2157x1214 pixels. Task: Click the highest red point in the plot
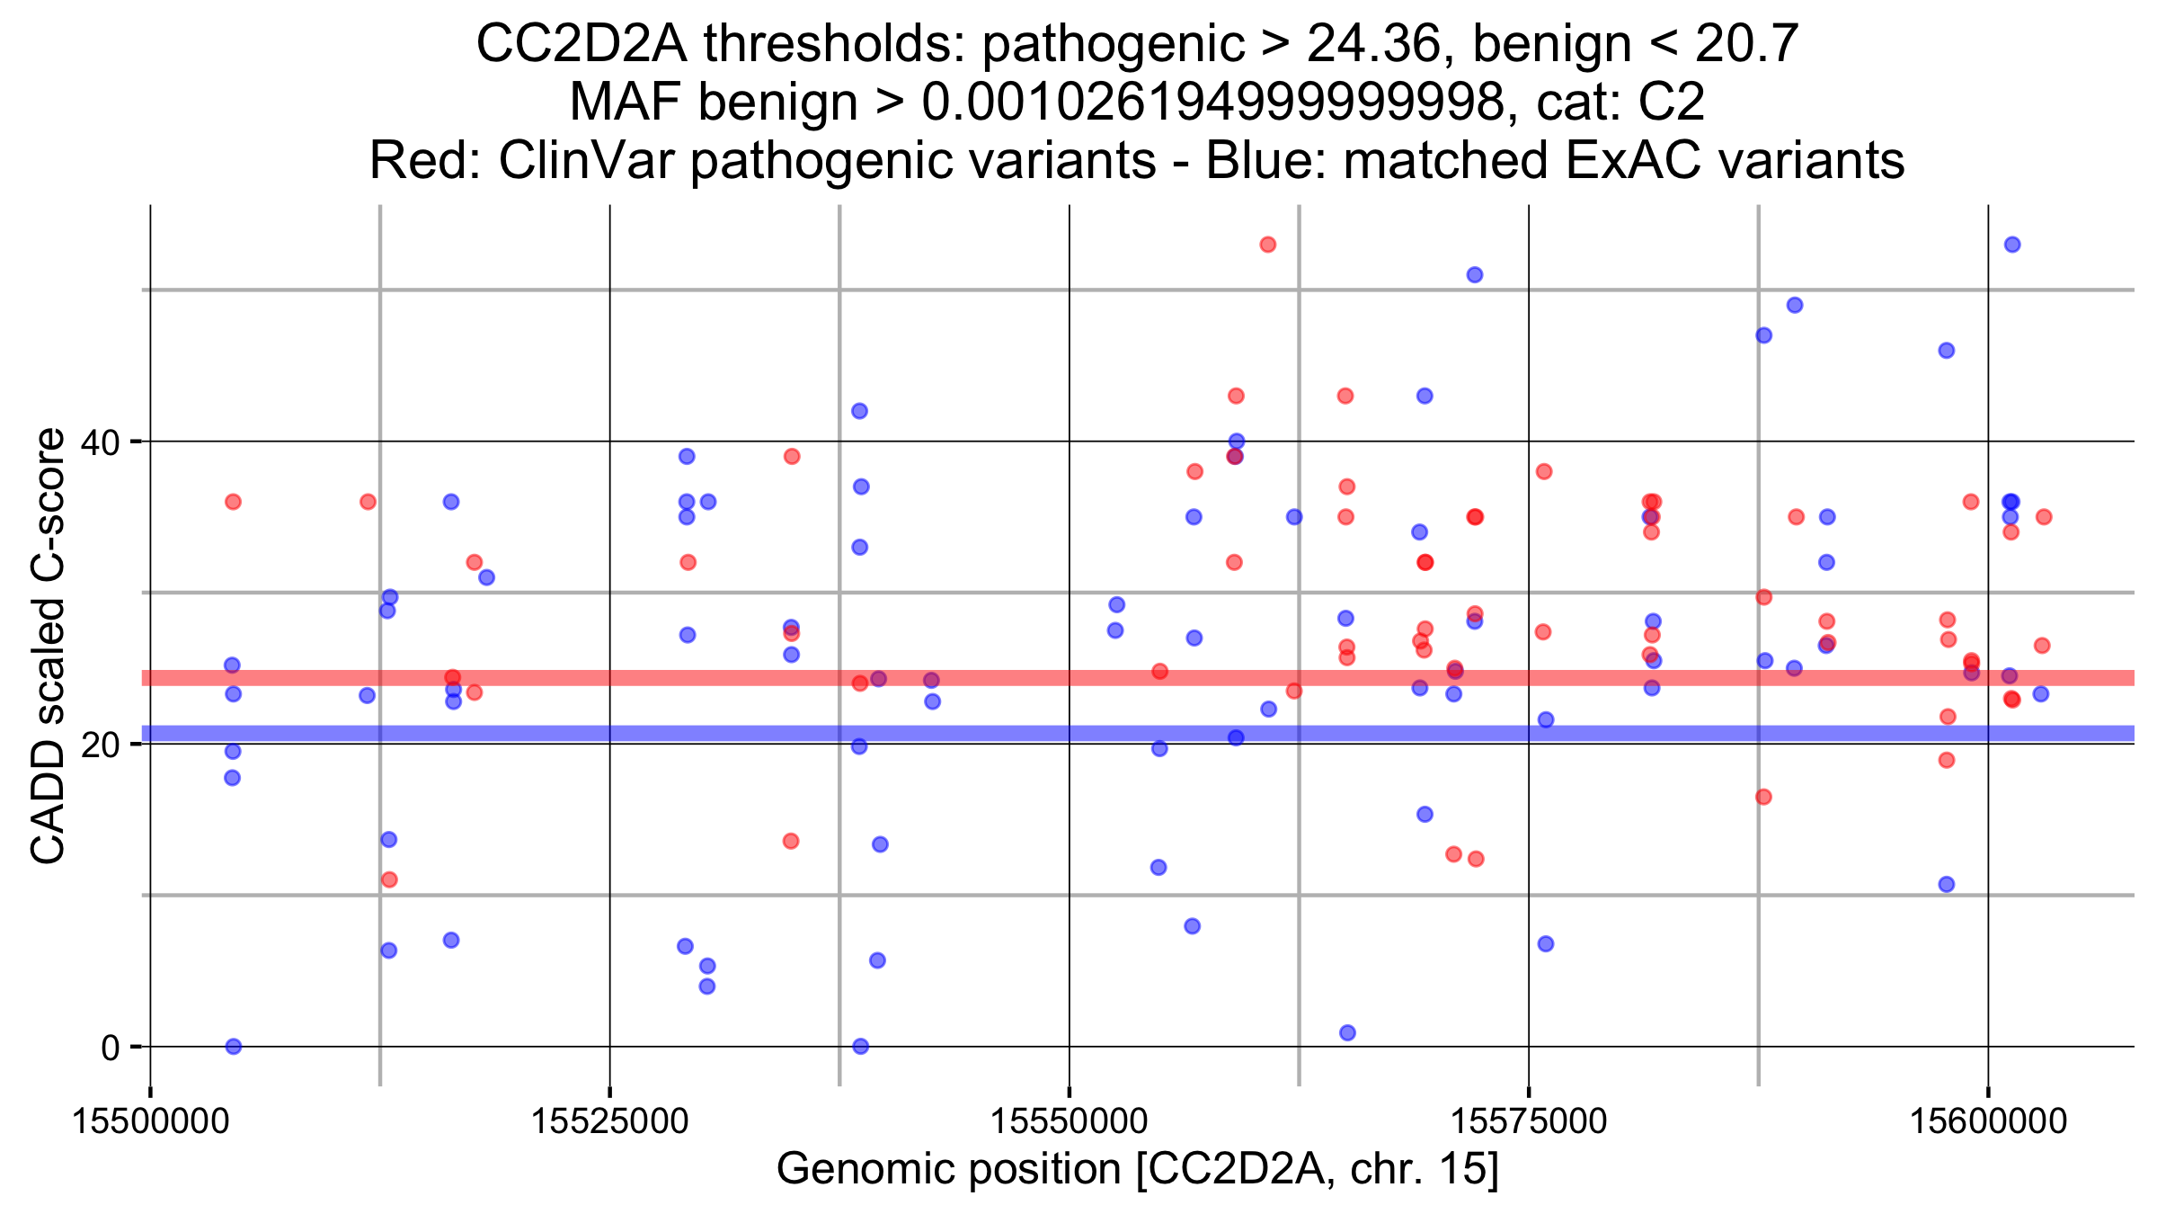1267,245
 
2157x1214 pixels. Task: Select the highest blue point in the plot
2012,245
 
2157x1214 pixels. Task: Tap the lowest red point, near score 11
389,879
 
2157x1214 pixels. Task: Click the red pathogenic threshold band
899,678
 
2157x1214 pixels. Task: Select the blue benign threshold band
899,734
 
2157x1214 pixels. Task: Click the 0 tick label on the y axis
111,1048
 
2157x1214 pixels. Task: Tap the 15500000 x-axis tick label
150,1122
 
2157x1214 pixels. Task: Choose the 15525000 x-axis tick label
609,1122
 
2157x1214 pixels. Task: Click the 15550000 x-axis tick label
1069,1122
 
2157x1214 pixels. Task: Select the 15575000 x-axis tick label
1528,1122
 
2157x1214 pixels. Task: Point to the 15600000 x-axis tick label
1987,1122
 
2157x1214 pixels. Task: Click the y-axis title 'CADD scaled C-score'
49,646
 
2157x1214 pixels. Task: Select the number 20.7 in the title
1746,43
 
